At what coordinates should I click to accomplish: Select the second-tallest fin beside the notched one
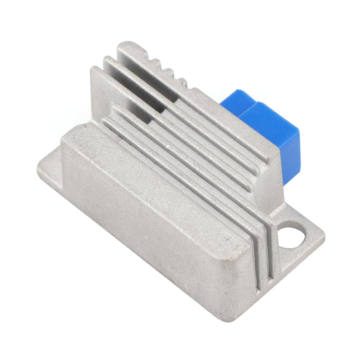136,72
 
